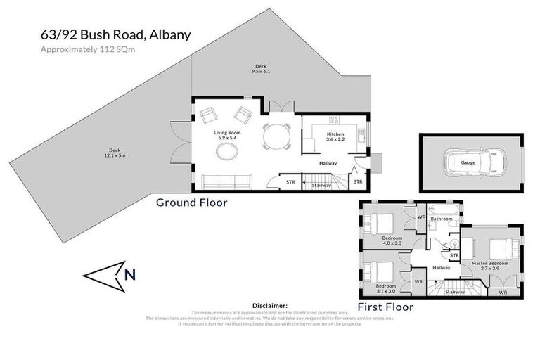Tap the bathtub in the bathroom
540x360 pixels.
pos(443,210)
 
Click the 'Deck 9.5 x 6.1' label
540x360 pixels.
pos(260,69)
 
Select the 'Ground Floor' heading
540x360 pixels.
pos(191,202)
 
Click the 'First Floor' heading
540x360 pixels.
pos(385,307)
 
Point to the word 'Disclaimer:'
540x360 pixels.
pos(269,306)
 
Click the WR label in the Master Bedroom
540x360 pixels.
pos(502,291)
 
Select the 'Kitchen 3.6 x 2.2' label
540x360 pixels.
pos(335,137)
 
